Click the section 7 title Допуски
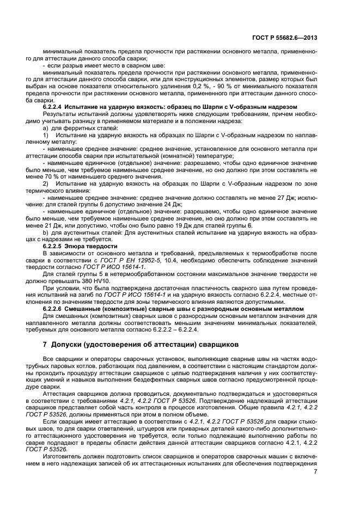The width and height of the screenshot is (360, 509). (72, 344)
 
